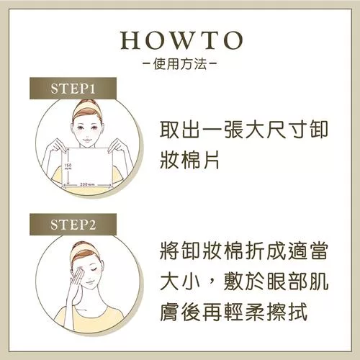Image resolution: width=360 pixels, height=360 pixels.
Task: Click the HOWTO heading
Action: point(181,40)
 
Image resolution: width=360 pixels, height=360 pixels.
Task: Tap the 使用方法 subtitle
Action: point(180,64)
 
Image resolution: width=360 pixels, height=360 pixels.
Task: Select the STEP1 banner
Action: point(73,88)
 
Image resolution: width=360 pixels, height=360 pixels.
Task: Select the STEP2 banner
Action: point(73,225)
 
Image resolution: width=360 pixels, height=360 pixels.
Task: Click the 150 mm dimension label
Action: point(68,166)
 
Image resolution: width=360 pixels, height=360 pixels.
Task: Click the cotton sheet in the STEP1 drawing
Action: point(87,167)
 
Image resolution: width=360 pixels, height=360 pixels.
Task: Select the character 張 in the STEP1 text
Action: point(233,130)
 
